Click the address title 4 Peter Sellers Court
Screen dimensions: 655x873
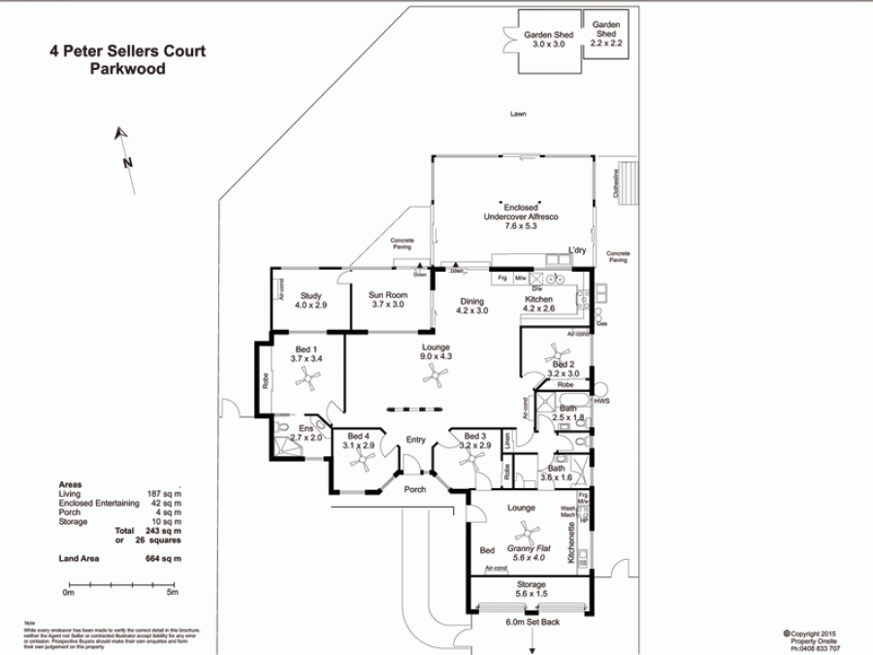[127, 51]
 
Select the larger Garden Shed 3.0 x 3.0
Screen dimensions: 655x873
[549, 40]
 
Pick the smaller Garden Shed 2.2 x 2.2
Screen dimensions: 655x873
[606, 35]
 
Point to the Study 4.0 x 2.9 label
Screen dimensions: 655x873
[310, 300]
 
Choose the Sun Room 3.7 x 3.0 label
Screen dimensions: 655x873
[387, 299]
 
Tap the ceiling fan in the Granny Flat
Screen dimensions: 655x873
[528, 532]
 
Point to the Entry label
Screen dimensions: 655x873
[415, 440]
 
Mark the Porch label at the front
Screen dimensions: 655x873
[415, 489]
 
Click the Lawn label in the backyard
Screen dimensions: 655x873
[518, 115]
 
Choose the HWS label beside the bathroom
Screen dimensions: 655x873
[601, 401]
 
